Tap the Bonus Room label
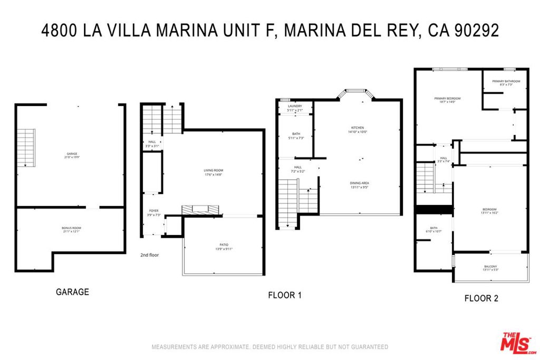(x=71, y=229)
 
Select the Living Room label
(x=214, y=172)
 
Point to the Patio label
(x=224, y=247)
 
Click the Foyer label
(x=153, y=213)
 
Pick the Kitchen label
(x=358, y=130)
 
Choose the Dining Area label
(x=359, y=184)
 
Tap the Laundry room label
(x=295, y=108)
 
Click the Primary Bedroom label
(x=447, y=100)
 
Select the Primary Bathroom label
(x=506, y=83)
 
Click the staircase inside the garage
(x=26, y=148)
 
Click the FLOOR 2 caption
(x=481, y=298)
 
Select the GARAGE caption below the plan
(x=72, y=291)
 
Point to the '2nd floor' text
(x=149, y=255)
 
